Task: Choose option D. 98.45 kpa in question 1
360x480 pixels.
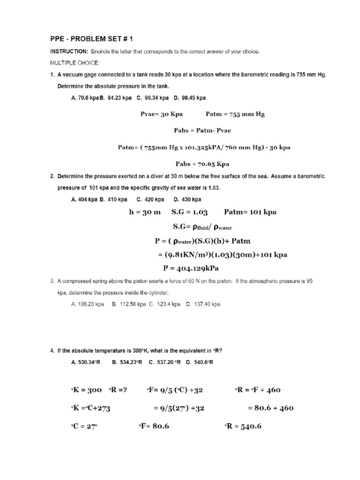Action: (x=190, y=98)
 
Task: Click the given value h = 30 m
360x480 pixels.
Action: (x=144, y=212)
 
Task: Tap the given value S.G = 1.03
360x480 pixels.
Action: (x=190, y=212)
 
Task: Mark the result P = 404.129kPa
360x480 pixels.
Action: (x=191, y=269)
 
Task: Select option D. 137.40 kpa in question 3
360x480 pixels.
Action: (x=203, y=304)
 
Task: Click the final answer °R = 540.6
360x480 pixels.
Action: (x=249, y=426)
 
